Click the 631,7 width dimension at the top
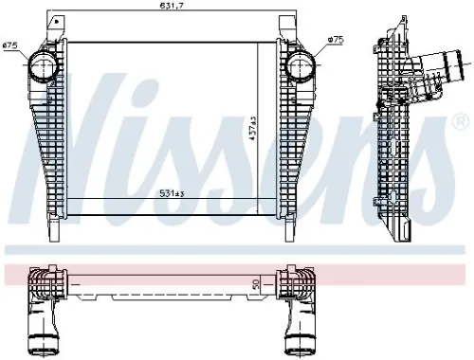coord(171,9)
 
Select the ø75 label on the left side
coord(11,45)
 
